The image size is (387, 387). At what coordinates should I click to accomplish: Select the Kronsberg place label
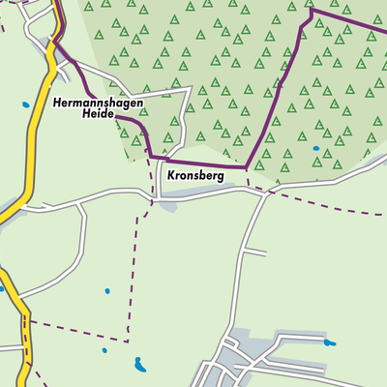[x=196, y=177]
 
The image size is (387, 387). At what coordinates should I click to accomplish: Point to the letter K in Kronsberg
[x=171, y=177]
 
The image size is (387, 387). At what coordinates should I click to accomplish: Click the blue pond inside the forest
[x=315, y=148]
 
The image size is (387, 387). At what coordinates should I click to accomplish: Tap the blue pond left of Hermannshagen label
[x=26, y=104]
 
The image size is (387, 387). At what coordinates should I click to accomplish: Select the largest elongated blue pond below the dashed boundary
[x=141, y=365]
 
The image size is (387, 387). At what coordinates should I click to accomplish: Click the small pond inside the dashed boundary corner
[x=107, y=290]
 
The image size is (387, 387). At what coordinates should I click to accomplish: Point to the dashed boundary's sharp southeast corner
[x=128, y=341]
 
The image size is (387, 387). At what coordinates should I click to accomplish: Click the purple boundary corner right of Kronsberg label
[x=246, y=166]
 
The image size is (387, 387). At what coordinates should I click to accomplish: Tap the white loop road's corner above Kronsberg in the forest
[x=190, y=90]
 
